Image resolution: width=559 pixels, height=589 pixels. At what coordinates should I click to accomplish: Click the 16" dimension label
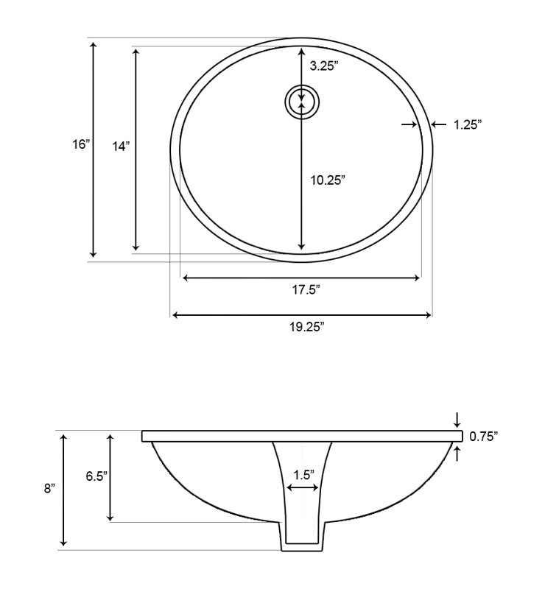[82, 144]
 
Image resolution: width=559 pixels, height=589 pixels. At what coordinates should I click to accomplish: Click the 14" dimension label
[121, 146]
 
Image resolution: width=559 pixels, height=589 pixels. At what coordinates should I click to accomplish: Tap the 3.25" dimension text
[324, 66]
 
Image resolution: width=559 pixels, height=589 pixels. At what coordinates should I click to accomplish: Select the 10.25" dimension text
[328, 180]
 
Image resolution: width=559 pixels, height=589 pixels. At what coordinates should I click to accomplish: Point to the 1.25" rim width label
[468, 124]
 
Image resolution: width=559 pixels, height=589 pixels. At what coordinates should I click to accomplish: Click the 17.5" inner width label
[306, 290]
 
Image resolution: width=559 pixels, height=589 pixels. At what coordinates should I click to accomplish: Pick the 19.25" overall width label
[306, 327]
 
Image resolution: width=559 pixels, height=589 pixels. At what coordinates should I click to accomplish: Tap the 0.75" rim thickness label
[484, 437]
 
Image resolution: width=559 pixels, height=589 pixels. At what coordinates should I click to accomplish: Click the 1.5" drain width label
[303, 475]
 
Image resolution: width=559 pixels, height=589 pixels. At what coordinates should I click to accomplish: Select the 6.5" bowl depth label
[96, 476]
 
